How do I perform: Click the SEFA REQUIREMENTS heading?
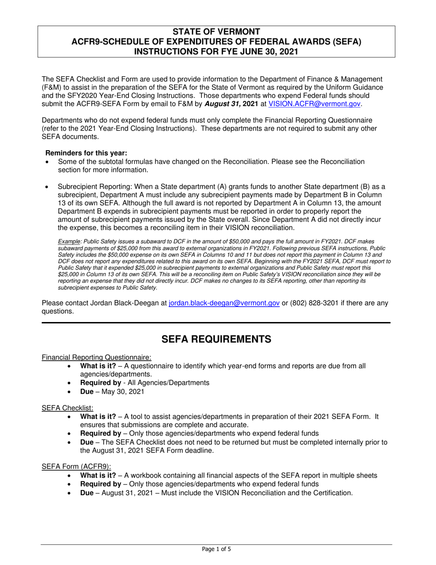click(216, 339)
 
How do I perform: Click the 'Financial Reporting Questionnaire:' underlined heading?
click(96, 357)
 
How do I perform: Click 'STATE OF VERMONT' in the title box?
click(216, 32)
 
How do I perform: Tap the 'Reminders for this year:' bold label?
click(86, 153)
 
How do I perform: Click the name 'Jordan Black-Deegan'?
click(131, 303)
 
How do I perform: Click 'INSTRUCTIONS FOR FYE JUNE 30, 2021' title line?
click(216, 51)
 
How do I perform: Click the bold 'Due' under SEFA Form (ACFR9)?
click(87, 493)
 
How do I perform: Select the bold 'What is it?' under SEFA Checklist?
click(98, 417)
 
